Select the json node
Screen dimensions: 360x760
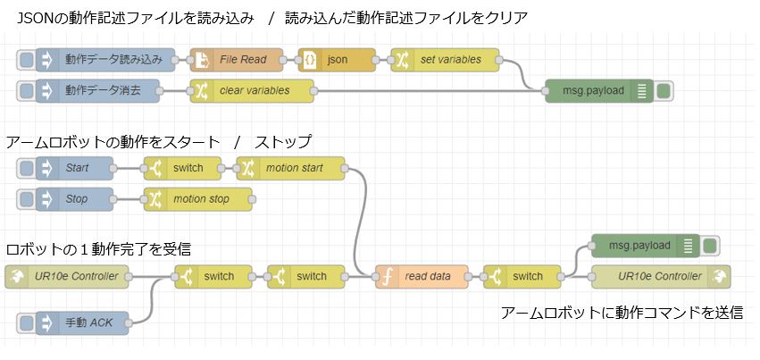[336, 60]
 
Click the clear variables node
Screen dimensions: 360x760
[253, 90]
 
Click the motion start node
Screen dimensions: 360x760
[291, 168]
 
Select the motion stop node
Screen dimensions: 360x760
[198, 198]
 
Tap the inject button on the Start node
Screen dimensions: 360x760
[26, 168]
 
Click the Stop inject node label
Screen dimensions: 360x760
[77, 198]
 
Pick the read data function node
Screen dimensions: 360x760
[421, 276]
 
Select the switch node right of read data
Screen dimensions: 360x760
[522, 276]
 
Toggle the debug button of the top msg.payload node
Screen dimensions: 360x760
[664, 90]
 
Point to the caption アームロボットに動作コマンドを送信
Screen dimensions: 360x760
[622, 314]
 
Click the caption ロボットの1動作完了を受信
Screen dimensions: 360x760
[98, 248]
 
